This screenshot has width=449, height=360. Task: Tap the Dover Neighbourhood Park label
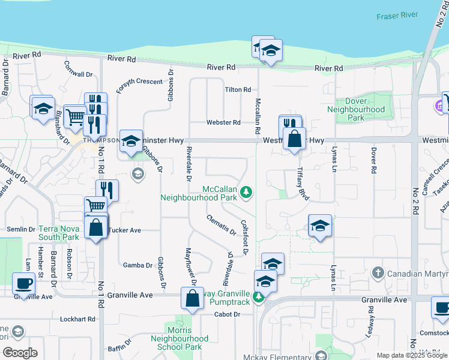[x=356, y=110]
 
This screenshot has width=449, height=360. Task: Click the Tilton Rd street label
[x=238, y=90]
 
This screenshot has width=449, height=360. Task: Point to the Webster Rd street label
[x=223, y=122]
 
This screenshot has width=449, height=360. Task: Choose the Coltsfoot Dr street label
[x=245, y=237]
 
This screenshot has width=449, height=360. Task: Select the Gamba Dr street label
[x=137, y=265]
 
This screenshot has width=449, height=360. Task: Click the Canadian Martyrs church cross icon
[x=378, y=273]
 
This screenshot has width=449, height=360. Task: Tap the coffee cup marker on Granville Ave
[x=24, y=284]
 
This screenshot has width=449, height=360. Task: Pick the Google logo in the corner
[x=19, y=353]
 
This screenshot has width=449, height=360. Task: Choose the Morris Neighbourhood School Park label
[x=188, y=339]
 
